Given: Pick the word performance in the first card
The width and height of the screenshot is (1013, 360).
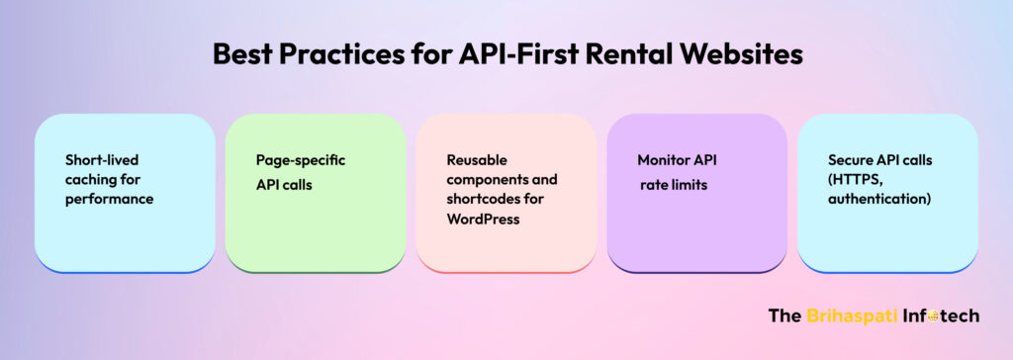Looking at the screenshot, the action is click(x=109, y=200).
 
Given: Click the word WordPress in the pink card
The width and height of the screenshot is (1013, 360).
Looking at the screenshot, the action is click(x=483, y=220).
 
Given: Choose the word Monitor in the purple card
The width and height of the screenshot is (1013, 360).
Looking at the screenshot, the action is click(x=661, y=160).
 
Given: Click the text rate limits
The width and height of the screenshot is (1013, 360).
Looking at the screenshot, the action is click(x=674, y=186).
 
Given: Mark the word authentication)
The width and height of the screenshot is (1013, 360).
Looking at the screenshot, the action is click(x=879, y=199).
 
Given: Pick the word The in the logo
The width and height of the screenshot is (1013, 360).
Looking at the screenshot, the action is click(x=784, y=316).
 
